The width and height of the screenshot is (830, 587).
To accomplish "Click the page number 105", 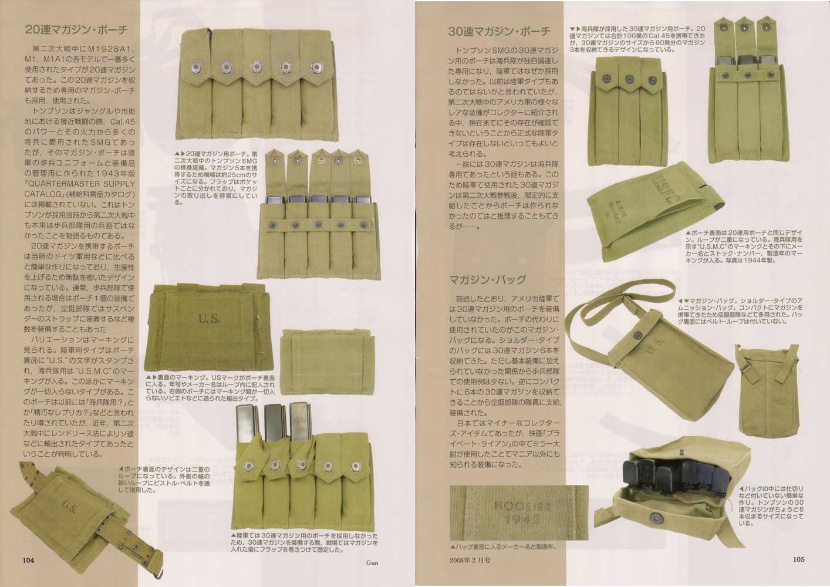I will pyautogui.click(x=798, y=559).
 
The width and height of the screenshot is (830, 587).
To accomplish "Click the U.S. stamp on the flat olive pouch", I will pyautogui.click(x=209, y=319).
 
